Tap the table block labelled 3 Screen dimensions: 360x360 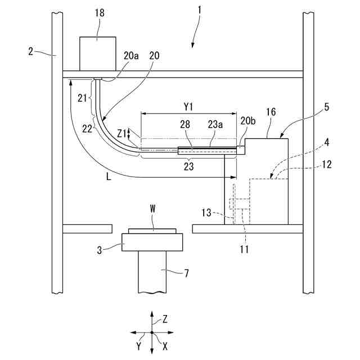point(152,242)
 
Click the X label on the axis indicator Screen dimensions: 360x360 point(165,347)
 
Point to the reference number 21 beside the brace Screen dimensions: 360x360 point(82,97)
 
